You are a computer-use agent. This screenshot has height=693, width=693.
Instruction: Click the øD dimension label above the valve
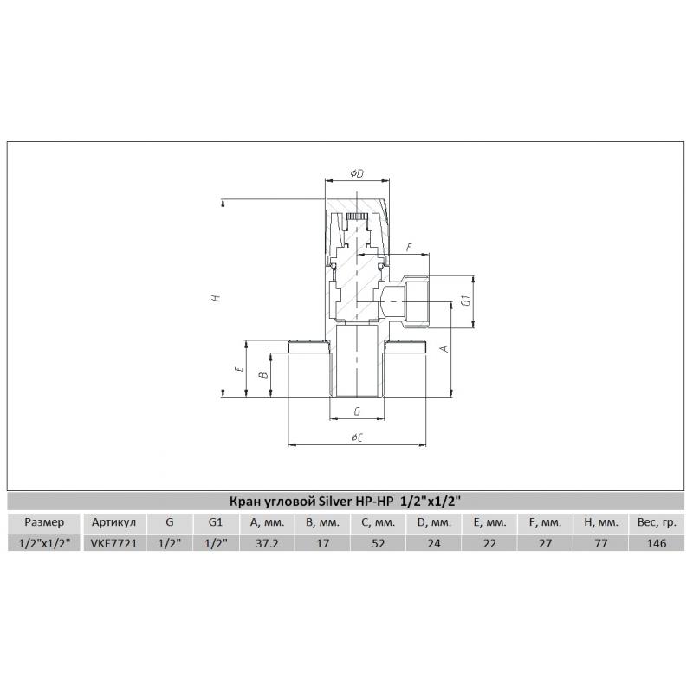(x=357, y=173)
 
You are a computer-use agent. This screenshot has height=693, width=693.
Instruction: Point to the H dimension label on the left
(x=216, y=297)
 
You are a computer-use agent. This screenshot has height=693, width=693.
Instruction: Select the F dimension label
(x=409, y=248)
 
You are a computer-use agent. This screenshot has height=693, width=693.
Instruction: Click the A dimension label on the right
(x=444, y=348)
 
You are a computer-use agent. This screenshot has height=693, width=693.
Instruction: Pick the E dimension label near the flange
(x=240, y=369)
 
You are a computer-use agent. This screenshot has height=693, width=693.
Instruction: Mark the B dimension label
(x=263, y=375)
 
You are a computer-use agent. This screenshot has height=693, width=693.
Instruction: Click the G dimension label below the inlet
(x=357, y=411)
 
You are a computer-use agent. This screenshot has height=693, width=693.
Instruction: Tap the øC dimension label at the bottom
(x=357, y=438)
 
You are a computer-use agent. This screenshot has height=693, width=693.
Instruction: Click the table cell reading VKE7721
(x=114, y=543)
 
